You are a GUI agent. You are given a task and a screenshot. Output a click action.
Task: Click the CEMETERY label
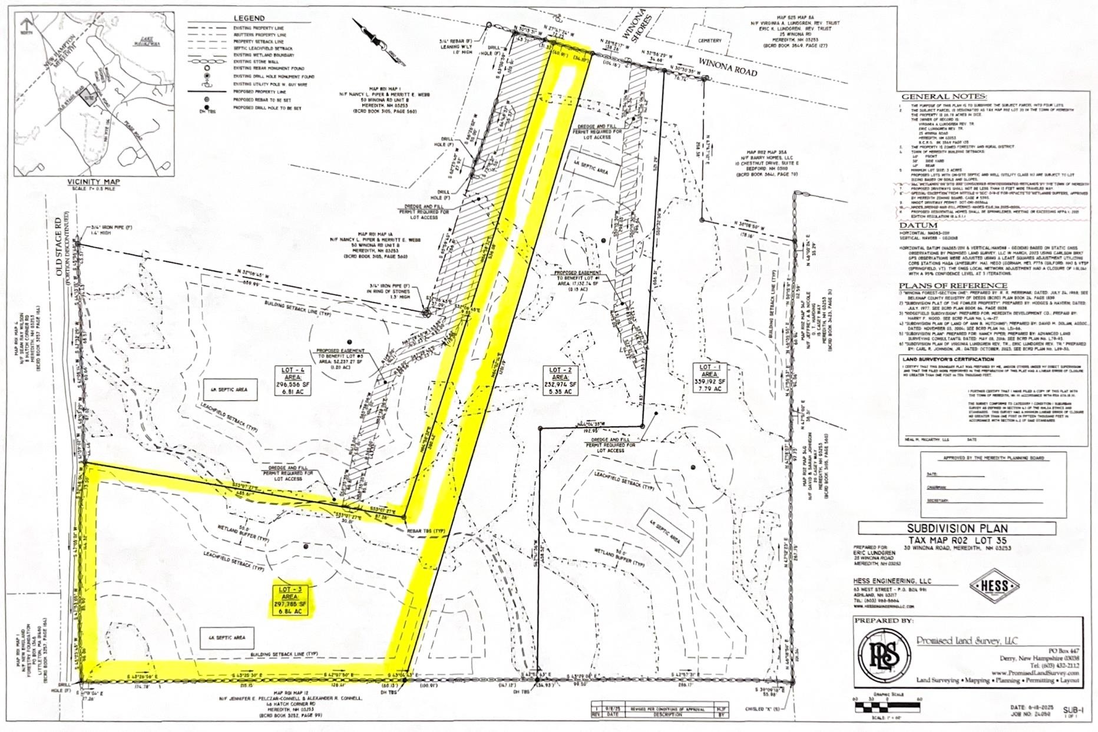point(710,41)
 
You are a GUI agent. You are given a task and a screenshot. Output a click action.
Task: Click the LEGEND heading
point(249,19)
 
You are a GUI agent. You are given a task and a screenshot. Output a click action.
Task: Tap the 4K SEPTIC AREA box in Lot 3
point(227,638)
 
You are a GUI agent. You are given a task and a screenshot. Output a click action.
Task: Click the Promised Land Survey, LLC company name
point(967,641)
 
